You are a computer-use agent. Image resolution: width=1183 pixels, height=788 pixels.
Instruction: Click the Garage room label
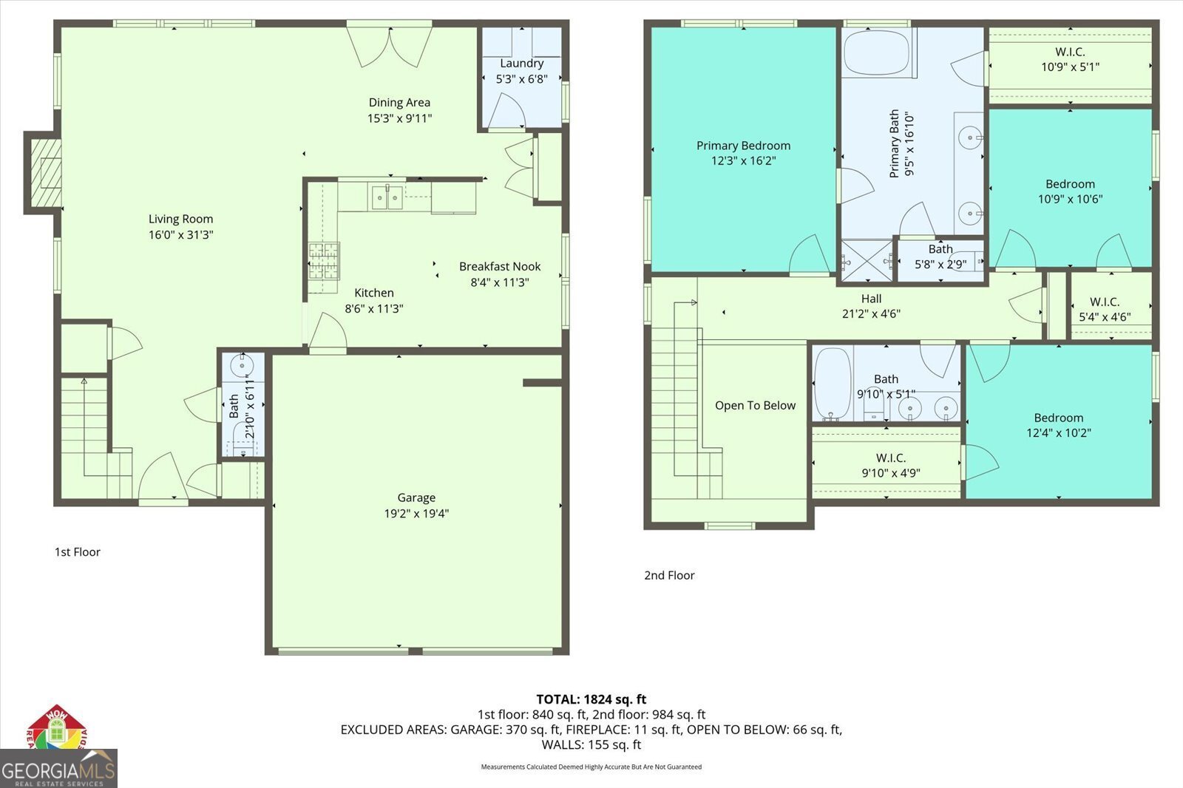click(416, 497)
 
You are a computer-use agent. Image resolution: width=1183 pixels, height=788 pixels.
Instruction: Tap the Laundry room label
click(522, 64)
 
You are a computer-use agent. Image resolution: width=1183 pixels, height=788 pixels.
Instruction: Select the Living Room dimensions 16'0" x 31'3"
click(180, 234)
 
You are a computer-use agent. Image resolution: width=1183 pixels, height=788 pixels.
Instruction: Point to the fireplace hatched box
click(46, 172)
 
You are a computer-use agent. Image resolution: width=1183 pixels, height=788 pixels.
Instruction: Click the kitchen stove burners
click(324, 260)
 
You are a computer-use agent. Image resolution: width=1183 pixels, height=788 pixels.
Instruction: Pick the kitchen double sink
click(387, 197)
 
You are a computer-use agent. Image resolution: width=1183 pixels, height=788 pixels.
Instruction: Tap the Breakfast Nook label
click(500, 267)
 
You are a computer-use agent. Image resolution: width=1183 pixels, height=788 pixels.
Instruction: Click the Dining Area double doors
click(390, 47)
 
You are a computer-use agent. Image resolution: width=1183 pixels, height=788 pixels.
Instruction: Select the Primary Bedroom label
click(743, 146)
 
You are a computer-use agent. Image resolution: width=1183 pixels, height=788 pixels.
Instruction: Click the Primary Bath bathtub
click(876, 52)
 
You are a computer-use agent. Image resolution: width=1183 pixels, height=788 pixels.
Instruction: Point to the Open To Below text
click(755, 406)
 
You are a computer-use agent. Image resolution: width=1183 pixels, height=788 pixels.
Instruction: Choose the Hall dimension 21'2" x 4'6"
click(871, 313)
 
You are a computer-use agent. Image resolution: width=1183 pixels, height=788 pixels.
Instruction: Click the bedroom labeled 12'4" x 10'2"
click(1058, 421)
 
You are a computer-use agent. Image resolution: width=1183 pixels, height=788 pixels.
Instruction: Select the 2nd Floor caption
click(669, 575)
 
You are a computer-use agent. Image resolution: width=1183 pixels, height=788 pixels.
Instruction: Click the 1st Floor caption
click(77, 552)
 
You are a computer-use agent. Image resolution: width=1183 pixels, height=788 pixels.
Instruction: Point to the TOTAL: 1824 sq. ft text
click(591, 699)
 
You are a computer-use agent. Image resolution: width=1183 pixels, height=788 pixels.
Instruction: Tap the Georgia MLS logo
click(58, 768)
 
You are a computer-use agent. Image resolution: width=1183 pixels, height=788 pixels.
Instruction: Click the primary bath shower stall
click(866, 260)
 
